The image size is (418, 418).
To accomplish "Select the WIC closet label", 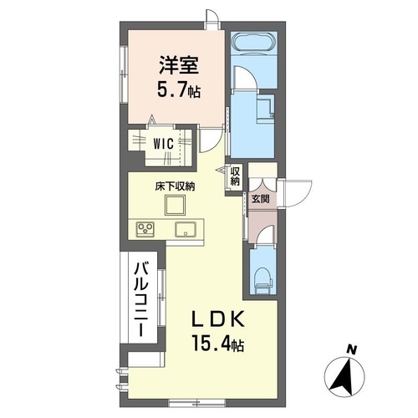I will point(164,143).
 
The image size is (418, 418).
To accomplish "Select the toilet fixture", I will point(263,275).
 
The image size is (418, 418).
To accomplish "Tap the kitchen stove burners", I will point(141,228).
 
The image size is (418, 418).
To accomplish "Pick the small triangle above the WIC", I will point(152,119).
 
